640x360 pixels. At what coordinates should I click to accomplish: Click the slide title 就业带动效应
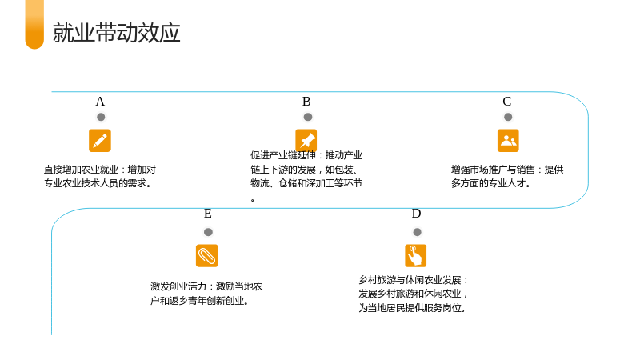coord(116,33)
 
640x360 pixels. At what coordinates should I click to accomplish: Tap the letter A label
coord(100,102)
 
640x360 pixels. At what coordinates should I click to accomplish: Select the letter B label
coord(306,102)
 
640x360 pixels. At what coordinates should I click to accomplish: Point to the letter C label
coord(507,102)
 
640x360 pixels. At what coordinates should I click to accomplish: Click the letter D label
coord(416,214)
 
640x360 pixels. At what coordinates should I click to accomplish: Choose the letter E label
coord(208,214)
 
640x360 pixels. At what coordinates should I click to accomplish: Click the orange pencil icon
coord(100,141)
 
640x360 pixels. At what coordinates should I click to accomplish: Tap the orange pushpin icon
coord(306,141)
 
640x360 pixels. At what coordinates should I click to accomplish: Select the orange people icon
coord(508,141)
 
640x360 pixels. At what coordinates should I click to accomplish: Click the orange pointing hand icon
coord(415,255)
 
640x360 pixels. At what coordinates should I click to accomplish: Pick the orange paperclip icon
coord(207,255)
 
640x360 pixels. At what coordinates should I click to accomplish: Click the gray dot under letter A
coord(101,117)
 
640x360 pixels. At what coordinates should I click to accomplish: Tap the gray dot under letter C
coord(508,117)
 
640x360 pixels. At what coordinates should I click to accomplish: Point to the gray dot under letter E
coord(208,232)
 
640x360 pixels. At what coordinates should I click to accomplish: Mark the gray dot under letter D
coord(417,232)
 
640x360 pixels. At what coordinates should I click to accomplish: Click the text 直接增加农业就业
coord(81,170)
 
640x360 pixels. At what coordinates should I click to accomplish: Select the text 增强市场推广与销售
coord(493,170)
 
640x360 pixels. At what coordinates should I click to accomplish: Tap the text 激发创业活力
coord(178,286)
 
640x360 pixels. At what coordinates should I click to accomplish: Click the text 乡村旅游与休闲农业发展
coord(410,280)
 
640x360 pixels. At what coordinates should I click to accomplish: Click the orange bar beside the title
coord(34,25)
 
